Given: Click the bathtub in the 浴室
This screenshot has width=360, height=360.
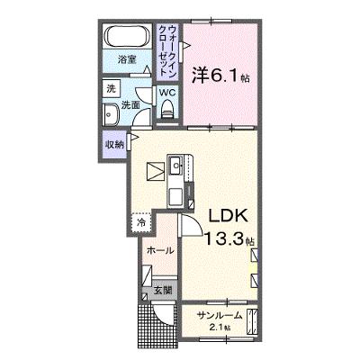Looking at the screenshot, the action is coord(127,36).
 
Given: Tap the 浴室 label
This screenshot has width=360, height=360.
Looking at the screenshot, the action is coord(127,60).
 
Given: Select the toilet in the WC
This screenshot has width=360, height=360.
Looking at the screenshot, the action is coord(166,110).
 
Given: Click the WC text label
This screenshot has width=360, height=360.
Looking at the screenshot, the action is coord(166,93).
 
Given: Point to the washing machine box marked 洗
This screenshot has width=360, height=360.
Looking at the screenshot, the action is coord(112,89).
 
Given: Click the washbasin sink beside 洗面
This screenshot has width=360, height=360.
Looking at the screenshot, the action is coord(112,114).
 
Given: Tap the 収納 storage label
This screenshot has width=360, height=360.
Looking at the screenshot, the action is coord(114,145).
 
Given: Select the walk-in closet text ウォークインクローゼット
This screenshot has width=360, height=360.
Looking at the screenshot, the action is coord(167,51).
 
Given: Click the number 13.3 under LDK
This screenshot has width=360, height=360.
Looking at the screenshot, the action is coord(224,238).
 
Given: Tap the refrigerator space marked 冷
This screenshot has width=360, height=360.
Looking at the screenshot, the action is coord(141,222).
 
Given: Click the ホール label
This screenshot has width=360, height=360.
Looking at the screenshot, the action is coord(160,250).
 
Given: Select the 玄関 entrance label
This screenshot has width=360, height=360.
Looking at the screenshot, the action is coord(163,291).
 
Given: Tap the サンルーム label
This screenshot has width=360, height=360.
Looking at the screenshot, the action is coord(220,315).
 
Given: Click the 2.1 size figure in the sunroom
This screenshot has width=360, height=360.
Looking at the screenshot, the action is coord(222,328).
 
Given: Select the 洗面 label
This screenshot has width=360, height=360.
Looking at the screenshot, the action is coord(130,104).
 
